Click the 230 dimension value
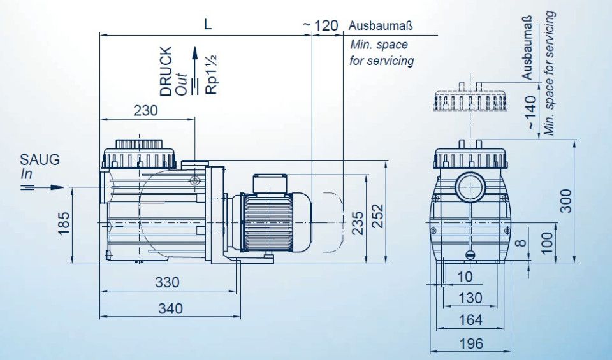tap(145, 111)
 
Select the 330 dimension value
tap(168, 282)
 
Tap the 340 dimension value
tap(171, 309)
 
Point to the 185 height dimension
tap(64, 223)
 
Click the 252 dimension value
tap(378, 216)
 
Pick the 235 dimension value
tap(358, 223)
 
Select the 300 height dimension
tap(566, 201)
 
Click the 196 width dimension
tap(471, 344)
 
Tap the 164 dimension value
tap(470, 320)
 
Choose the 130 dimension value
tap(470, 298)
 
